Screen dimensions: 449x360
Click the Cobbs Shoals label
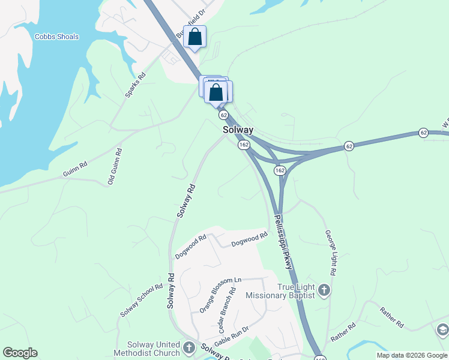click(x=56, y=37)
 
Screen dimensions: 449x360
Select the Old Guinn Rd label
click(x=116, y=166)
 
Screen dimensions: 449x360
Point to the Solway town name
click(x=238, y=130)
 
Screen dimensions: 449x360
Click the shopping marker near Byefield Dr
click(x=195, y=37)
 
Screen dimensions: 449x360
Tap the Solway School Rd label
click(x=142, y=301)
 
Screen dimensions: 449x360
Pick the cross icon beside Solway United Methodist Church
click(x=189, y=347)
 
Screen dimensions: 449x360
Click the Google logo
click(x=20, y=353)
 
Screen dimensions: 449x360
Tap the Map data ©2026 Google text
click(x=411, y=355)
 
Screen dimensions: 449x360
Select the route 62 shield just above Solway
click(x=223, y=115)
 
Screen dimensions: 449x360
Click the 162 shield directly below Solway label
click(x=243, y=145)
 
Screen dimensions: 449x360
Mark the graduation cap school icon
click(x=442, y=329)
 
